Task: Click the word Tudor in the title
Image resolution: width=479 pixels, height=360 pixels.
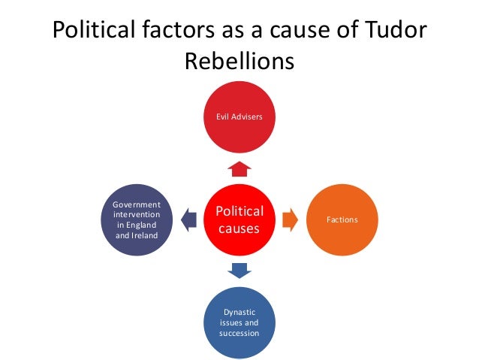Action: point(392,31)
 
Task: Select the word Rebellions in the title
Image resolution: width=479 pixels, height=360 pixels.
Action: point(239,61)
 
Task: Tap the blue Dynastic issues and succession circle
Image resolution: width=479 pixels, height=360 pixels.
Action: point(239,320)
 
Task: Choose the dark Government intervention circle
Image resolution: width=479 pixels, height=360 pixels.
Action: point(137,219)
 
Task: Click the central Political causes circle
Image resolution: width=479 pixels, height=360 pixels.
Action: point(239,219)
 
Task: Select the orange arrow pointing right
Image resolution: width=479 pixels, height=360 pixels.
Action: point(291,219)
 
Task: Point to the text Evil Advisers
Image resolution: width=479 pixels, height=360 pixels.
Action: point(239,117)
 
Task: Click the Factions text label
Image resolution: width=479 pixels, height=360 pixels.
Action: point(342,219)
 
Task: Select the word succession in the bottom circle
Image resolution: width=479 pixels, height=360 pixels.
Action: point(239,332)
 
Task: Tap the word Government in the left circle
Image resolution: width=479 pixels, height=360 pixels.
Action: point(137,204)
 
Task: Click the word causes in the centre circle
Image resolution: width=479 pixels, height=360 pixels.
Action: point(239,228)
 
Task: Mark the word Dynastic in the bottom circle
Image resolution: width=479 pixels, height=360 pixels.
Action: point(239,311)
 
